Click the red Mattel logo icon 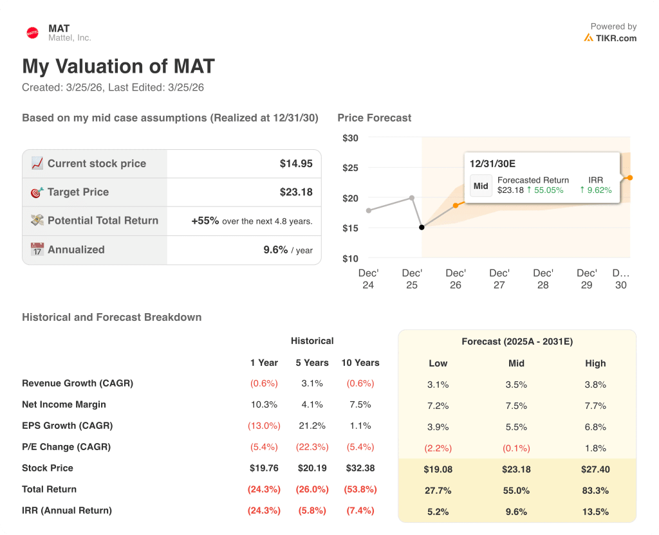32,33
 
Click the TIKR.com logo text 616,38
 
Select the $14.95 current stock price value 296,163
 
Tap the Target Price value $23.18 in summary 296,192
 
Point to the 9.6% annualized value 275,249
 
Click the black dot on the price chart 422,227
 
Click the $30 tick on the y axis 350,138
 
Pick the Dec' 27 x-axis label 499,278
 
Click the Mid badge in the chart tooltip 481,185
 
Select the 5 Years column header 312,363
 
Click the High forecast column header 595,363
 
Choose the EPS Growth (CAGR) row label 67,426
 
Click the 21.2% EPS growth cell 313,426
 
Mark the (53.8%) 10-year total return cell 360,489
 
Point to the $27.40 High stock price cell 595,469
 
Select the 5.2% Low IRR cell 438,512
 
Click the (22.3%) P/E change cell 312,447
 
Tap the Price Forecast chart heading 374,118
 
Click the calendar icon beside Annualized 37,249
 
